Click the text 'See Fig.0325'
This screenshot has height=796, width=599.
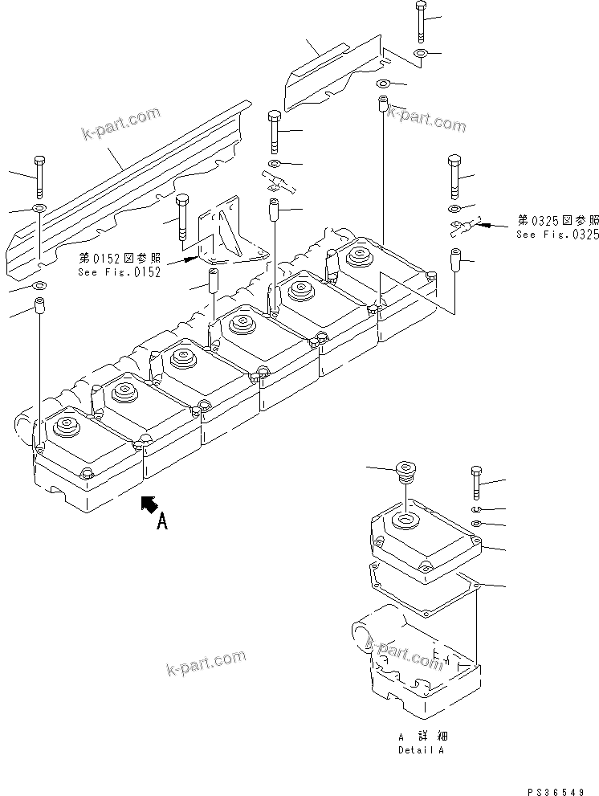tap(557, 235)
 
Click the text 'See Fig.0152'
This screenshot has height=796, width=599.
tap(120, 271)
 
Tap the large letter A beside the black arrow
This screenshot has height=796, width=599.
tap(161, 522)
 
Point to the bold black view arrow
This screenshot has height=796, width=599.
tap(148, 504)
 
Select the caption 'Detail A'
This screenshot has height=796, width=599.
tap(421, 749)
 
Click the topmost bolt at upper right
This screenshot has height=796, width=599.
tap(422, 22)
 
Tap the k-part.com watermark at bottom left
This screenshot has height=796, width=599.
tap(206, 662)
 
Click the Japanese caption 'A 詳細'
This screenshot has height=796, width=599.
tap(419, 737)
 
